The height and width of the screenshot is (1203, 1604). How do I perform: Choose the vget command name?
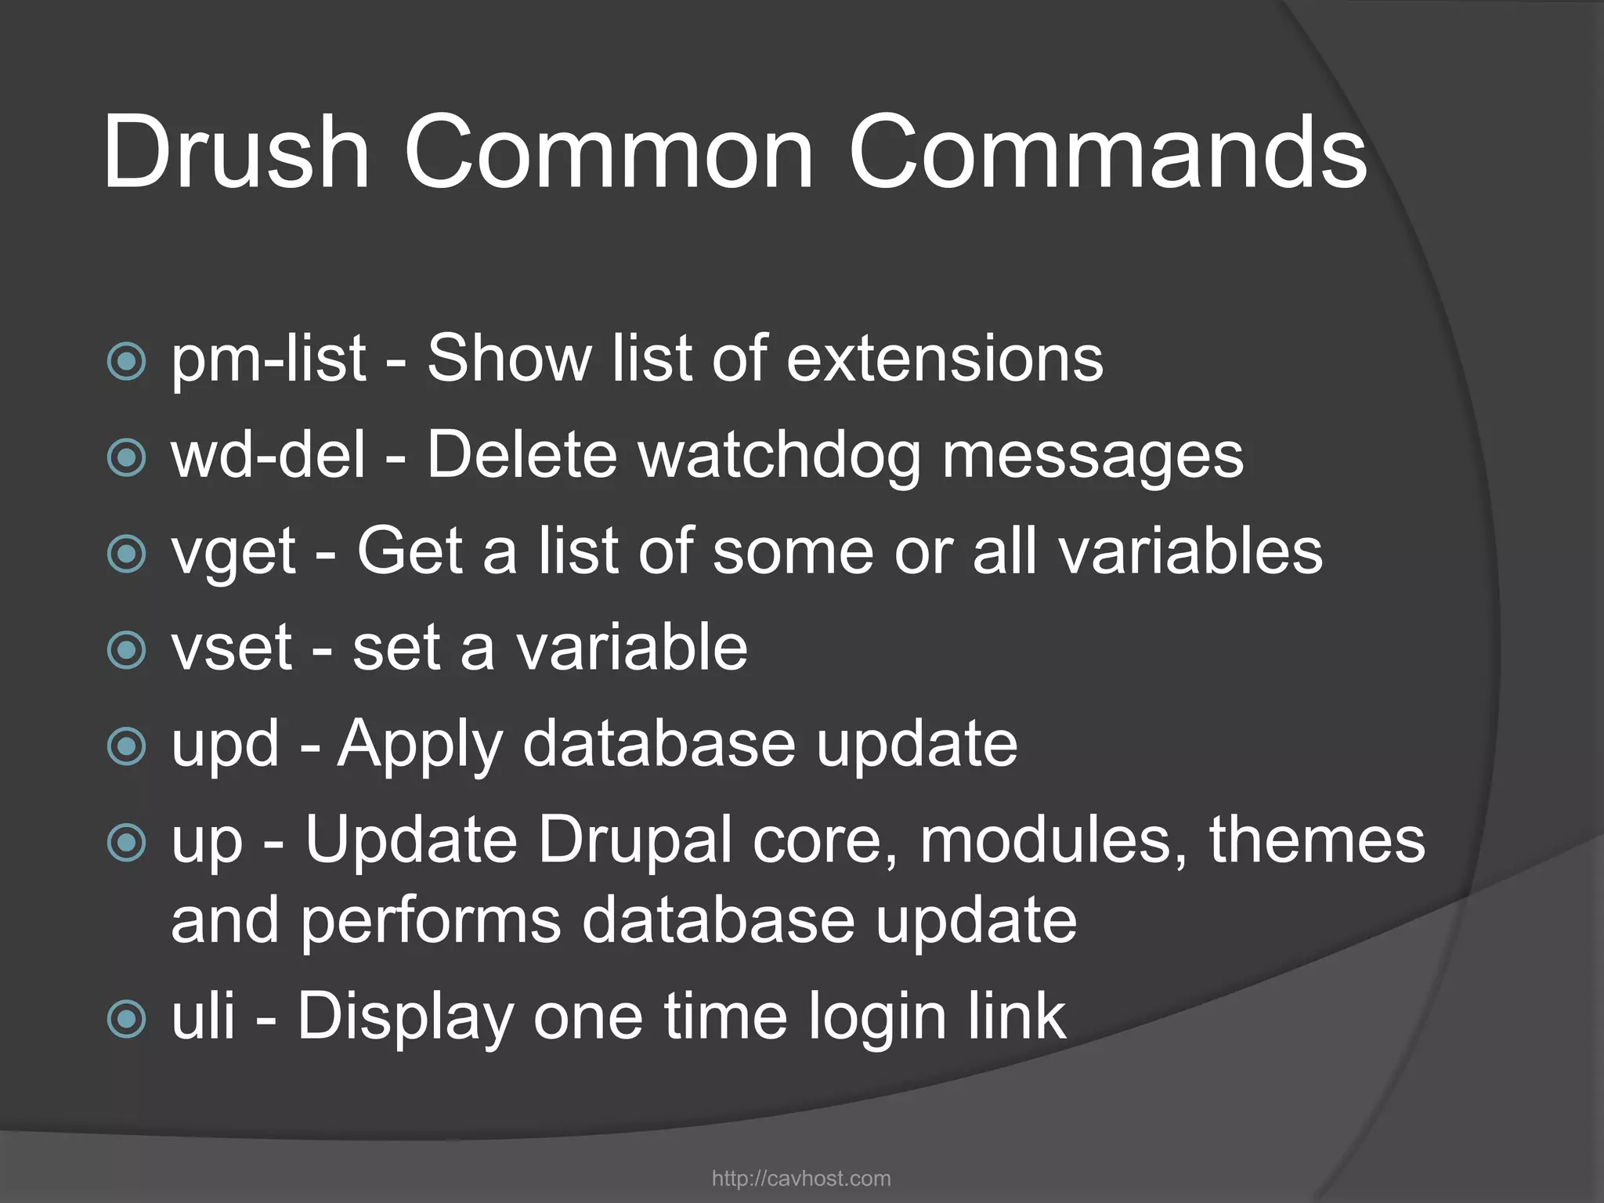tap(233, 551)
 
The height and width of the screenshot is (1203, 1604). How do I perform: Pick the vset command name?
tap(232, 648)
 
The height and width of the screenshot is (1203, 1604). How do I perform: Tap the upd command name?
tap(225, 743)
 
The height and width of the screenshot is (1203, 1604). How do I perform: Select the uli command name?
tap(203, 1016)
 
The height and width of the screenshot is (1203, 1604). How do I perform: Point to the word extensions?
tap(945, 359)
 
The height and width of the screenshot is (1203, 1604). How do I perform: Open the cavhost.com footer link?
tap(801, 1179)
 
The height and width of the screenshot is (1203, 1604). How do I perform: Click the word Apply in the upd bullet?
tap(420, 743)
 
